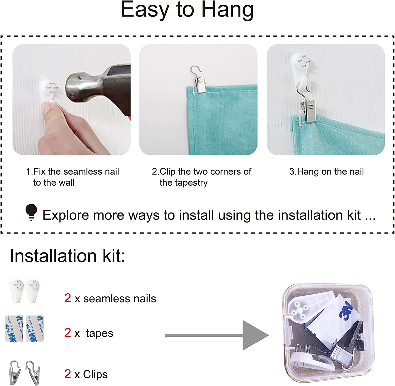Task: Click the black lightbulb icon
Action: coord(31,212)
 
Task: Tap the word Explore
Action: coord(66,215)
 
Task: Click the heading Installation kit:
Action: coord(67,256)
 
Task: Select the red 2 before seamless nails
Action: coord(68,298)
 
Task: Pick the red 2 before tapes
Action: coord(68,333)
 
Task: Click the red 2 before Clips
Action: coord(68,374)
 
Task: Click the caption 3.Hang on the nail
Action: coord(327,172)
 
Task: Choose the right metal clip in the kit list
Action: coord(33,373)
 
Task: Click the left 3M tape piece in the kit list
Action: coord(14,329)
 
